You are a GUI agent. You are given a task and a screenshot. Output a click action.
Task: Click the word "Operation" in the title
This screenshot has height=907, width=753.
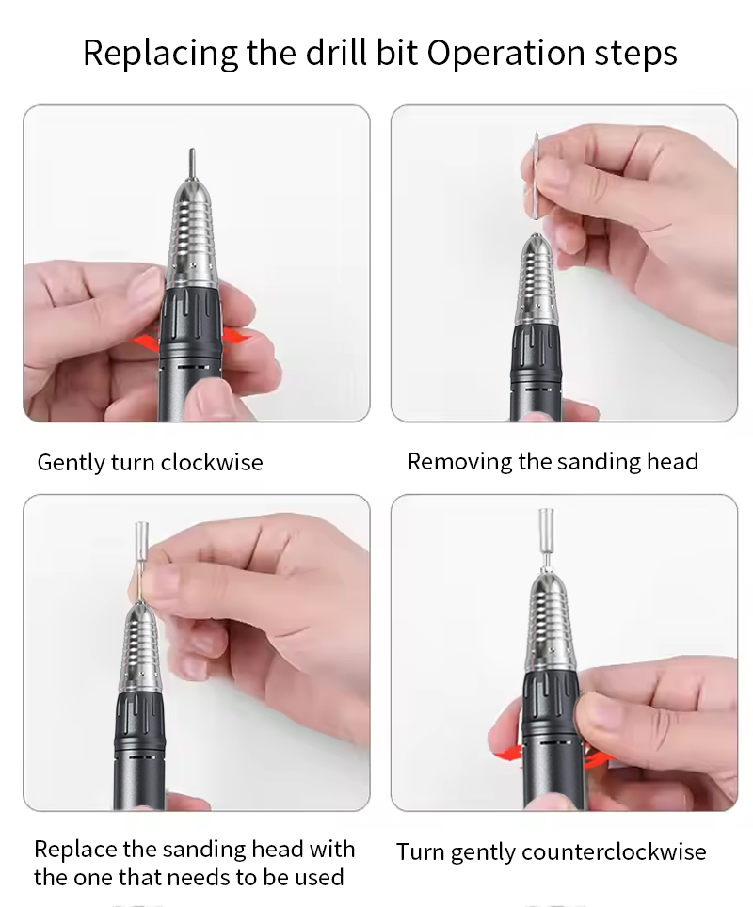[x=505, y=54]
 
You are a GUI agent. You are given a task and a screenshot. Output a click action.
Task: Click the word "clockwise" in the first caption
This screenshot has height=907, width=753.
[x=211, y=462]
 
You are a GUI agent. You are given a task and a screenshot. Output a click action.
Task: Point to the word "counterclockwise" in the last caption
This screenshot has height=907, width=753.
[x=614, y=852]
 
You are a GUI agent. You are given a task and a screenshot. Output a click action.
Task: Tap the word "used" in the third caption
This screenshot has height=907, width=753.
[x=319, y=878]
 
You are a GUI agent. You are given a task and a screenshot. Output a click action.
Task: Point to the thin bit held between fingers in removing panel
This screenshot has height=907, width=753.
[x=537, y=175]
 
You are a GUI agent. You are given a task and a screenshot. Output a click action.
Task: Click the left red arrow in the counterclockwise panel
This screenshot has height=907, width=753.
[x=509, y=753]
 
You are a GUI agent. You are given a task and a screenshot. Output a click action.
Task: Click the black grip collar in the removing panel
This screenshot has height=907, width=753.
[x=536, y=352]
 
